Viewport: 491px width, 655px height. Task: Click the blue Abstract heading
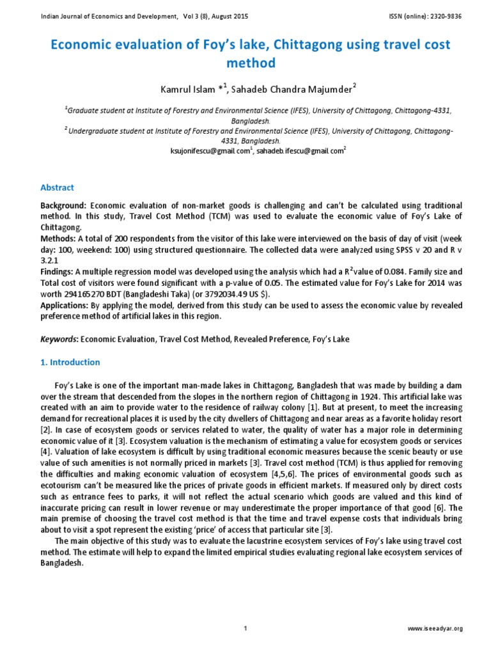point(58,187)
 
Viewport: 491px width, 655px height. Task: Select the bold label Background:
point(63,206)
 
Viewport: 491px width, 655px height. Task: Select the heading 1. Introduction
point(70,362)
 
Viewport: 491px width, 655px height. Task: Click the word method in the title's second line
point(245,63)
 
